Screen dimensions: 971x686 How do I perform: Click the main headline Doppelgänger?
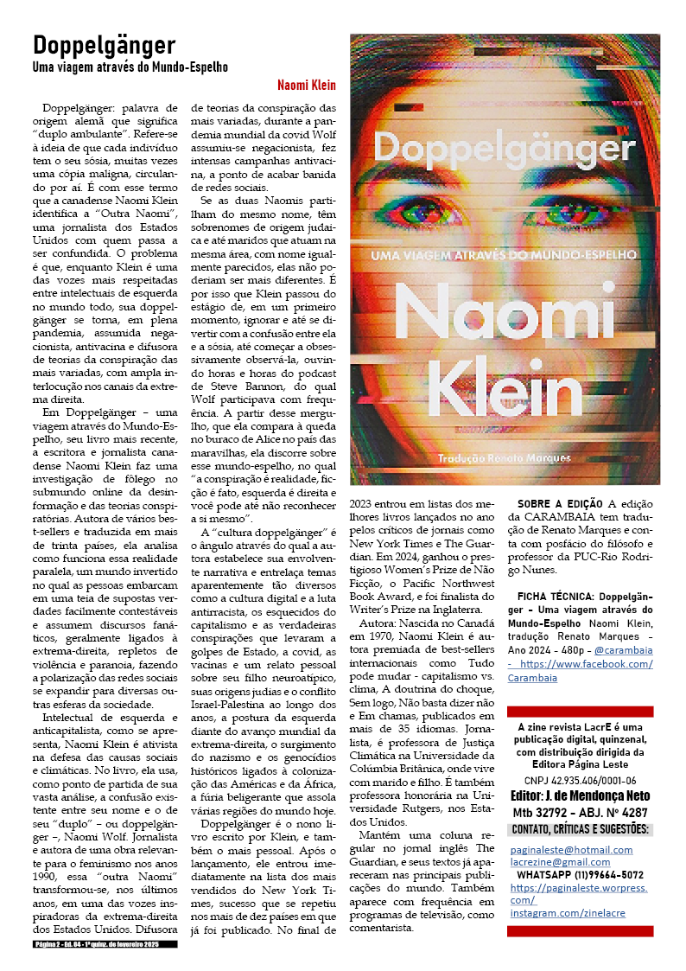coord(104,45)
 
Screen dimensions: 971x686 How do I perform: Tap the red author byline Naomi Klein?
coord(307,86)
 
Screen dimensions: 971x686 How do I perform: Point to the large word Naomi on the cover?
coord(505,310)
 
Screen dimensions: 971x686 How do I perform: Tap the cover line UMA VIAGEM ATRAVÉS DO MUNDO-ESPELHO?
coord(505,255)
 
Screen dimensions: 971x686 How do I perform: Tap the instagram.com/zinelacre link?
coord(567,913)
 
